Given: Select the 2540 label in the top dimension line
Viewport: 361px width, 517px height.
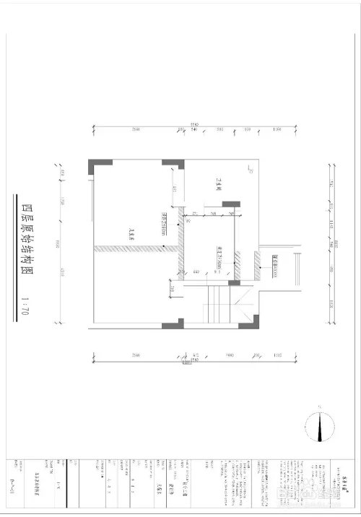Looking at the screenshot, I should (136, 130).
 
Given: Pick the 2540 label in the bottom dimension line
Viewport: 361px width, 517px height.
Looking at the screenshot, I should (136, 355).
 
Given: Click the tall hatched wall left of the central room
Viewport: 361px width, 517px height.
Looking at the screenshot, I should (180, 246).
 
